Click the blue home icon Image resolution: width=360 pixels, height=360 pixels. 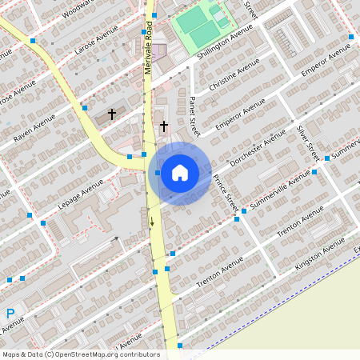click(x=180, y=173)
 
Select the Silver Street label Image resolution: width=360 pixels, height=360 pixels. click(x=307, y=141)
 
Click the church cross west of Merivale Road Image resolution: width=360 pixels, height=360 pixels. click(x=112, y=115)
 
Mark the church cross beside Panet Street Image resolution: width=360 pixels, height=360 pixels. click(x=164, y=126)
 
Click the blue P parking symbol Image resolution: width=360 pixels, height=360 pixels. click(x=10, y=314)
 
